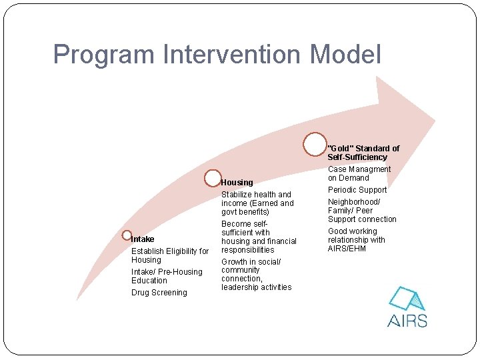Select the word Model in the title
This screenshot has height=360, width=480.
tap(346, 54)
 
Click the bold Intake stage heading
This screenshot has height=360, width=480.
tap(143, 239)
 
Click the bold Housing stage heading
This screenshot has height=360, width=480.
tap(237, 183)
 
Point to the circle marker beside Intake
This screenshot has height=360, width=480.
tap(127, 235)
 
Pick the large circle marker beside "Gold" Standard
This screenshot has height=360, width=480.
tap(315, 144)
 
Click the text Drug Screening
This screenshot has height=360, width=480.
tap(159, 293)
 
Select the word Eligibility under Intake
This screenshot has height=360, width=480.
tap(183, 251)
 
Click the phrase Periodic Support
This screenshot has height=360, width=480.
tap(357, 190)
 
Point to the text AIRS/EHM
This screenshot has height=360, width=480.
tap(347, 249)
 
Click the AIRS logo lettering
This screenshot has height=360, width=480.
tap(407, 320)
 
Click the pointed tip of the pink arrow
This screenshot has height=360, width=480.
tap(434, 121)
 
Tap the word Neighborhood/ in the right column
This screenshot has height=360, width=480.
tap(354, 202)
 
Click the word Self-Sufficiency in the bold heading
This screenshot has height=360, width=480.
tap(357, 157)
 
